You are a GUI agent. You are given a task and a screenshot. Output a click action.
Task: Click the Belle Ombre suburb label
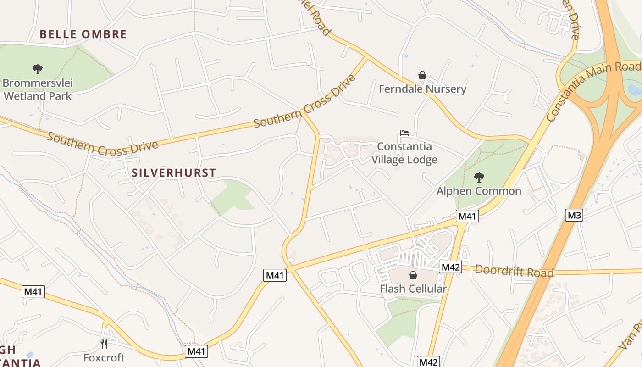point(83,34)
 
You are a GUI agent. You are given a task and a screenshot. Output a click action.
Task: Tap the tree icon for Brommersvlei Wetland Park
point(38,69)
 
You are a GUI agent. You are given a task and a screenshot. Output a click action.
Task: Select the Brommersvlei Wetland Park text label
point(38,90)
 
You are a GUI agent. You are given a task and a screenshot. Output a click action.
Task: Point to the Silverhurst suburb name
point(173,173)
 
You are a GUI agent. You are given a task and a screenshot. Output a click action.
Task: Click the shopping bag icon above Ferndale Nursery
point(422,75)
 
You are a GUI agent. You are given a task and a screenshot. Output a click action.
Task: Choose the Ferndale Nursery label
point(422,89)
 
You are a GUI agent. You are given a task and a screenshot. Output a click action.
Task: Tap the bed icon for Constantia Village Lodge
point(404,133)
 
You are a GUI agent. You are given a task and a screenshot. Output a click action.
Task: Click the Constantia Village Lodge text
point(404,153)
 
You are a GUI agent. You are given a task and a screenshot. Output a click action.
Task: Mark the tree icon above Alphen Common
point(479,177)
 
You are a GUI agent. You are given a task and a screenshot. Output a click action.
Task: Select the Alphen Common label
point(479,191)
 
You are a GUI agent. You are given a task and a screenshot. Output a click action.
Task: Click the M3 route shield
point(574,215)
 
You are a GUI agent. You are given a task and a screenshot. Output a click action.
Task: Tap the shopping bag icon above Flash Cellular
point(413,275)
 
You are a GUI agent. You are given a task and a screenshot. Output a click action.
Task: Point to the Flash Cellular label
point(413,289)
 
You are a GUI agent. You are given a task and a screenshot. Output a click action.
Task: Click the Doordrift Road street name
point(514,271)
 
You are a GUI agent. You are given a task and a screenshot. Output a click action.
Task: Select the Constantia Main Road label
point(593,92)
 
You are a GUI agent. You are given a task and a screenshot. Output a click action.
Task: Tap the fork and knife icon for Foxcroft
point(104,344)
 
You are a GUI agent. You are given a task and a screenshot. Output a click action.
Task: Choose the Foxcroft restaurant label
point(104,357)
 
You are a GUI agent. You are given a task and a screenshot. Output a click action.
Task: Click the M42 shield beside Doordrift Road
point(450,267)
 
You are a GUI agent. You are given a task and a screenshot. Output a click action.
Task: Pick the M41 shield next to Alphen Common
point(467,216)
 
